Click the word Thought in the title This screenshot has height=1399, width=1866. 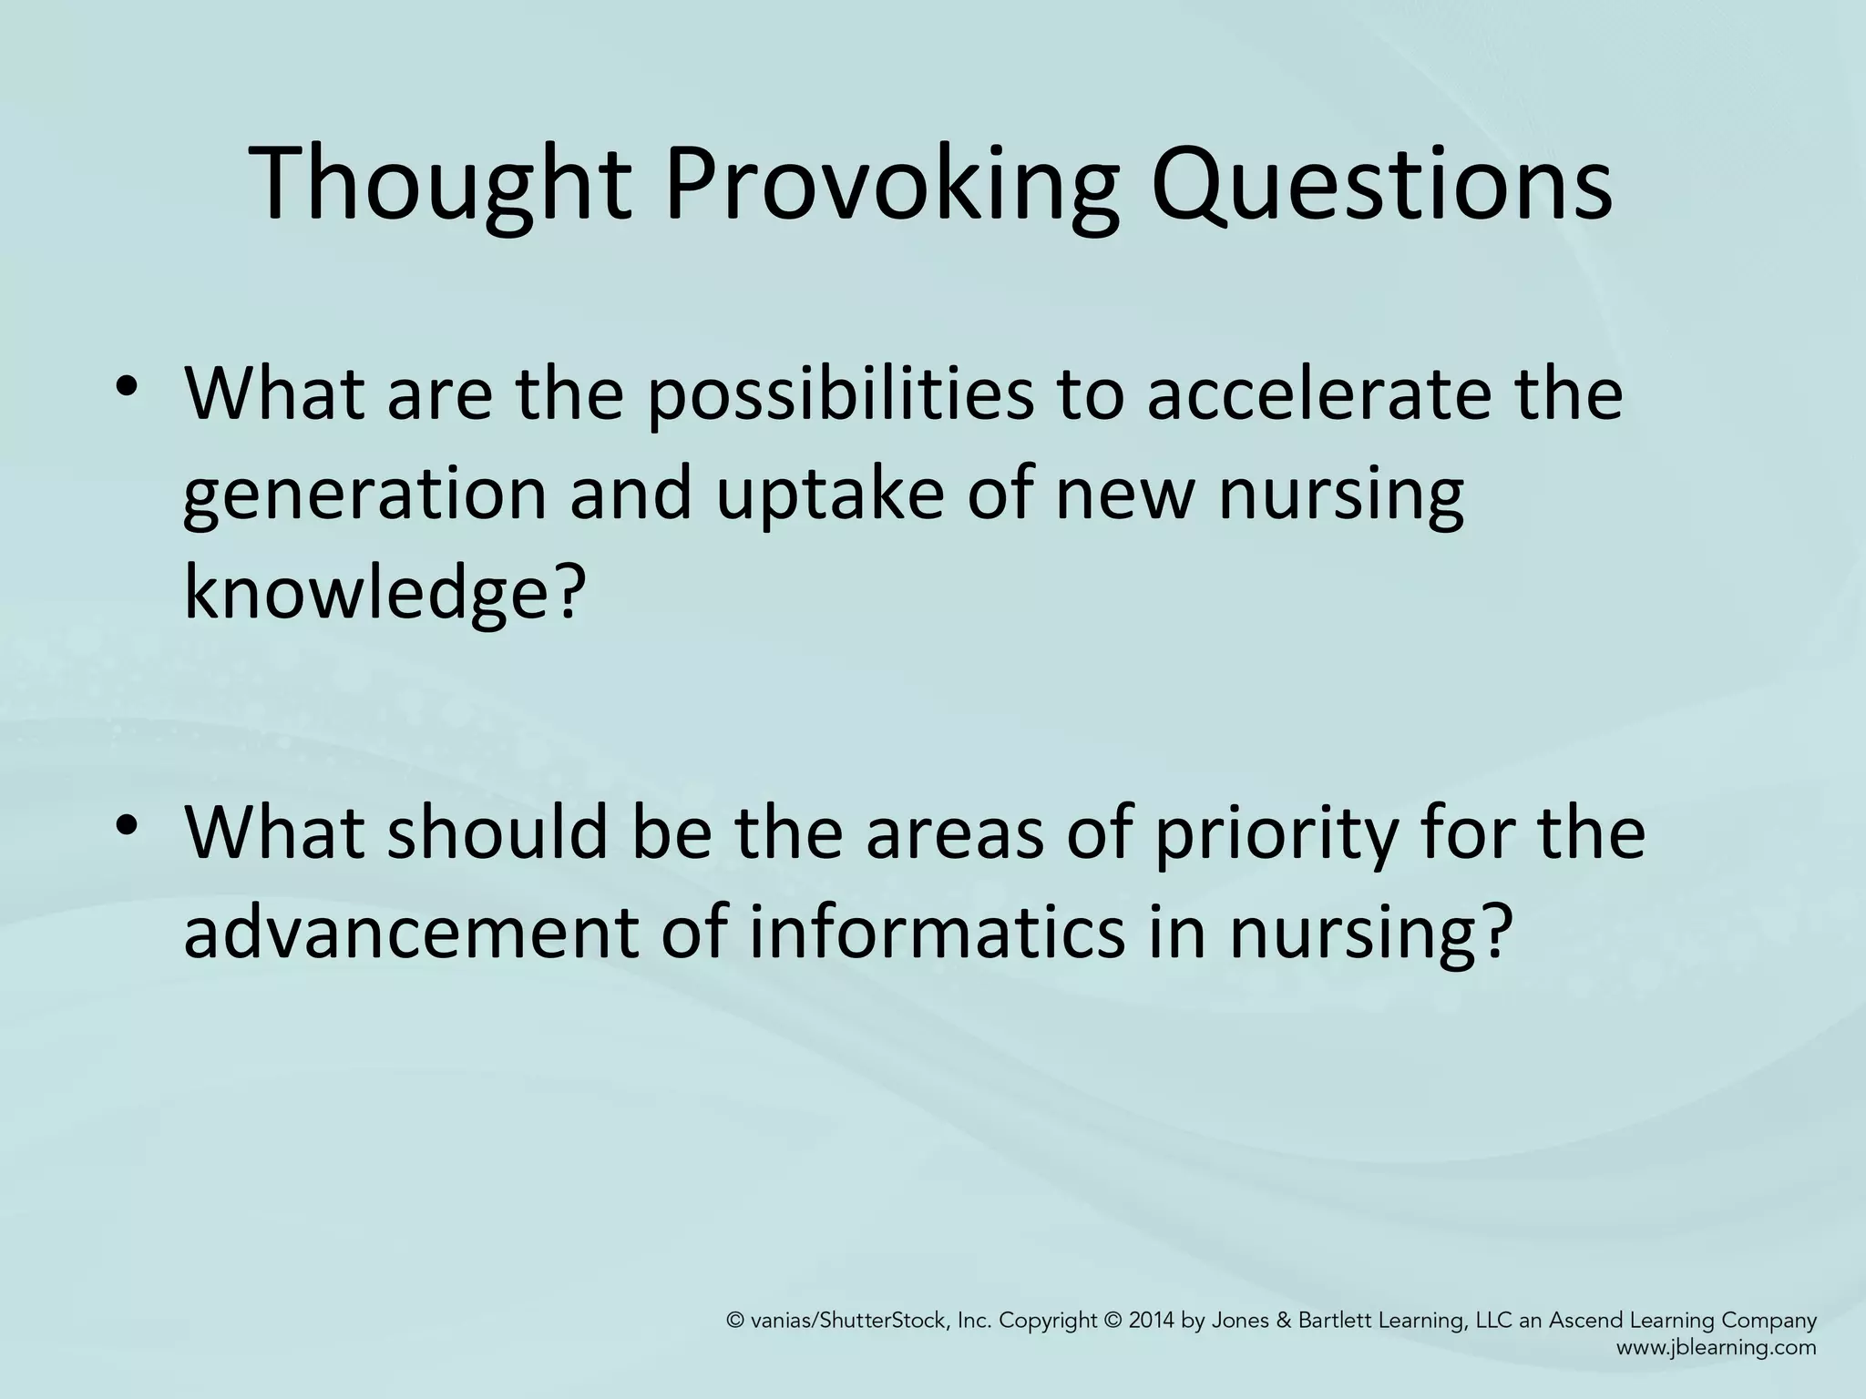pyautogui.click(x=440, y=184)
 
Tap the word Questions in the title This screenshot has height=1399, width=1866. pyautogui.click(x=1381, y=184)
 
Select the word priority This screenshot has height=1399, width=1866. pyautogui.click(x=1274, y=833)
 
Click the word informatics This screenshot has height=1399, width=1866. pyautogui.click(x=938, y=933)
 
